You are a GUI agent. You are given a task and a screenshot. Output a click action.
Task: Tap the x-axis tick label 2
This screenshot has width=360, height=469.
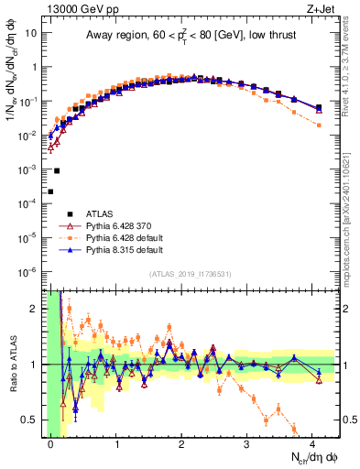[x=183, y=444]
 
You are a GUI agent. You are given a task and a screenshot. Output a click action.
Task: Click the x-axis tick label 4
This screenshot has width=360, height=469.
[x=313, y=444]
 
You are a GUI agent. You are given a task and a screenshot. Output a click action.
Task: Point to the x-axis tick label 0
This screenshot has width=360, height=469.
[x=51, y=444]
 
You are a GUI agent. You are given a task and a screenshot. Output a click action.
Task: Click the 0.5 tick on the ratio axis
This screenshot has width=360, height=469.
[x=36, y=420]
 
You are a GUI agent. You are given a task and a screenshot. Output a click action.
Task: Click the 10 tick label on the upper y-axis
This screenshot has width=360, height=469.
[x=34, y=34]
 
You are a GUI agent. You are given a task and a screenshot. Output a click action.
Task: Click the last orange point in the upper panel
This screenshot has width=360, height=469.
[x=318, y=125]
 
